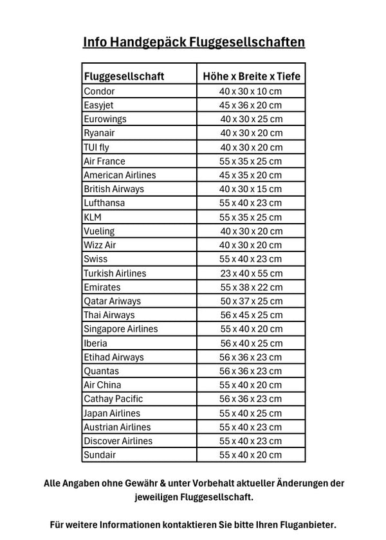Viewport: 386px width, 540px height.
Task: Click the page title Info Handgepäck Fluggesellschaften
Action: click(193, 42)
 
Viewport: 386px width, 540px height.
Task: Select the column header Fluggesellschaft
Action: click(124, 76)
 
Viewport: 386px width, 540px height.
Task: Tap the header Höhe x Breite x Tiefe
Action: click(251, 76)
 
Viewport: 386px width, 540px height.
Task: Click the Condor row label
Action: click(100, 91)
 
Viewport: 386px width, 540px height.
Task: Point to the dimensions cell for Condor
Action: click(251, 91)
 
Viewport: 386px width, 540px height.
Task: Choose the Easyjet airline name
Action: click(98, 105)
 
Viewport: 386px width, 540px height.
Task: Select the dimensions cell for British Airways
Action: click(251, 189)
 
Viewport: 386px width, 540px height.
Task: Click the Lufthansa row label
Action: click(104, 203)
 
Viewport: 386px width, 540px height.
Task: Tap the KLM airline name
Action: click(93, 217)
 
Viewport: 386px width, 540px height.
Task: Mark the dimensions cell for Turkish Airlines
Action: click(251, 273)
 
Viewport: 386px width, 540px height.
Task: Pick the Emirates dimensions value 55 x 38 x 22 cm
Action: click(251, 287)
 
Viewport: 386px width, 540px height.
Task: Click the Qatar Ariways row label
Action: click(112, 301)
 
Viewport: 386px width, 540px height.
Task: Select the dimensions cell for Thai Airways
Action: click(251, 315)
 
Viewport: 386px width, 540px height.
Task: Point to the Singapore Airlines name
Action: click(120, 329)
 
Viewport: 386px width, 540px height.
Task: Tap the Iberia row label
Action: click(96, 343)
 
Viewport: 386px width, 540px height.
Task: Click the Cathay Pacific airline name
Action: click(113, 399)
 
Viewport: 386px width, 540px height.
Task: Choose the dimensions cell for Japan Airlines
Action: click(251, 413)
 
